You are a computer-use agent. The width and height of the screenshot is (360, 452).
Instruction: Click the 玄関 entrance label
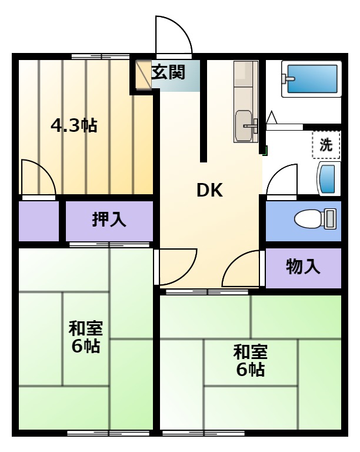168,72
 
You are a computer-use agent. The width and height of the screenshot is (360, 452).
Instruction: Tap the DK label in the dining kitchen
209,190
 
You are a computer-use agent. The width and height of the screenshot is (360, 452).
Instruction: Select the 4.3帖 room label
74,125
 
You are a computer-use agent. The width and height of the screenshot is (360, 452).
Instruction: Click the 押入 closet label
109,220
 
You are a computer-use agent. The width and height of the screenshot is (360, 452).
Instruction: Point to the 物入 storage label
303,267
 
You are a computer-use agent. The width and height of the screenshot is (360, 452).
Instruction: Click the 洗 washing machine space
326,144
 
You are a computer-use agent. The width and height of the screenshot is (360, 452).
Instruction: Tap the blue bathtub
312,79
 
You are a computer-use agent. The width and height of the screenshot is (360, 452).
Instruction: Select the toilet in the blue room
315,219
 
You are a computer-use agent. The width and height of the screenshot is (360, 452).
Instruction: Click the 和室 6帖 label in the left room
85,337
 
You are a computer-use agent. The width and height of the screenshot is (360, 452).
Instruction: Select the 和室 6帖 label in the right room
250,360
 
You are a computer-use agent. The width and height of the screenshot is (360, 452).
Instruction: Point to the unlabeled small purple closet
39,221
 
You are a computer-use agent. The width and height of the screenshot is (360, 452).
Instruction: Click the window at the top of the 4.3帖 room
100,56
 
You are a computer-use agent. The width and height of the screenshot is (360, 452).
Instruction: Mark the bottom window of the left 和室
108,433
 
